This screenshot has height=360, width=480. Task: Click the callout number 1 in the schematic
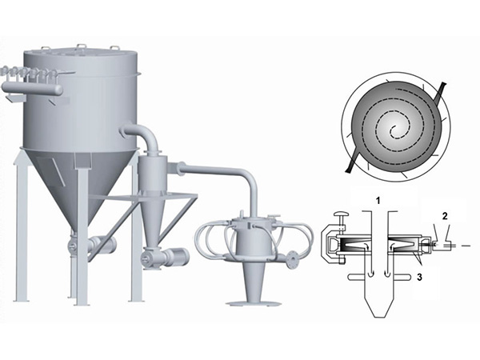378,201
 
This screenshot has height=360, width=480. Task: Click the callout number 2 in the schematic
445,216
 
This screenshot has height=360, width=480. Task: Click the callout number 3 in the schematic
419,277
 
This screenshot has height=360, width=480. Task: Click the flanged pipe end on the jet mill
293,261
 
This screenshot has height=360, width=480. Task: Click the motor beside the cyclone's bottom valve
178,257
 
